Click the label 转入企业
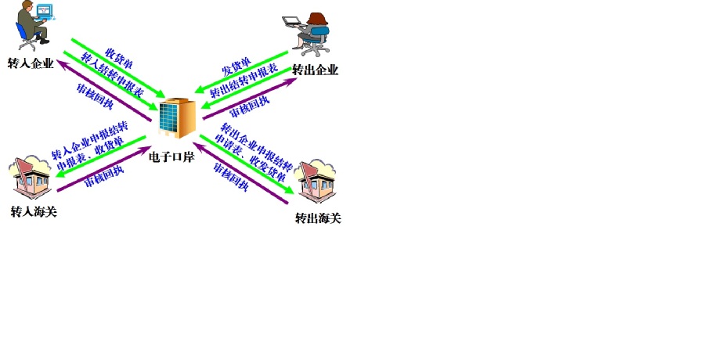[x=31, y=63]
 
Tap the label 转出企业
[x=316, y=70]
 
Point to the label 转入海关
[x=34, y=212]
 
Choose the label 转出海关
[x=318, y=218]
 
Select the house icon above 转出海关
[x=316, y=182]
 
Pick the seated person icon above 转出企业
[x=309, y=34]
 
